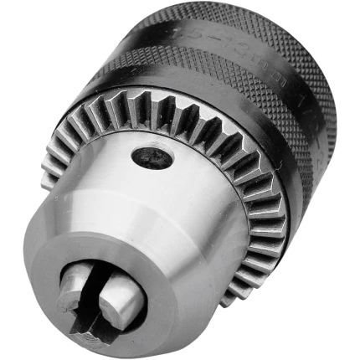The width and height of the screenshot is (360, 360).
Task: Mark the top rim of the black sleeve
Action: [218, 8]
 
